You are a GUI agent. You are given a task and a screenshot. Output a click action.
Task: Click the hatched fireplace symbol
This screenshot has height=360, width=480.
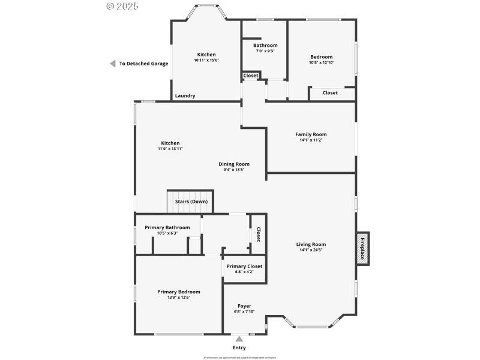[x=362, y=248]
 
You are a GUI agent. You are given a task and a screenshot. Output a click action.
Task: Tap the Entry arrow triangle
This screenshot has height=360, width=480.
[x=239, y=339]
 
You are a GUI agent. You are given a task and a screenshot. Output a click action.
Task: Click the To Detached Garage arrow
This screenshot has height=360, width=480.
[x=112, y=64]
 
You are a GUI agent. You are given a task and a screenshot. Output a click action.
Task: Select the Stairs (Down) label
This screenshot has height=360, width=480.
[x=191, y=202]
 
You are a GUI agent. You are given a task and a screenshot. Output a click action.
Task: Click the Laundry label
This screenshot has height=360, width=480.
[x=185, y=96]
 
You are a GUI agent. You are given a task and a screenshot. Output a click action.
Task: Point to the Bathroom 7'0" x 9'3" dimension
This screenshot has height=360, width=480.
[x=265, y=52]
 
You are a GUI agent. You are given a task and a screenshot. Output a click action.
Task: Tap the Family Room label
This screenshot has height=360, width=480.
[x=311, y=134]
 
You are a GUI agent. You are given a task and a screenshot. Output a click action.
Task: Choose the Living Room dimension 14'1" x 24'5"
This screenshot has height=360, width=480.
[x=311, y=250]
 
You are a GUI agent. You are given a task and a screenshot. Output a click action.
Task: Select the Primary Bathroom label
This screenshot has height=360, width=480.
[x=167, y=227]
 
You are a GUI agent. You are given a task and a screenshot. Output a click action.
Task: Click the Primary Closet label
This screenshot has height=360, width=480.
[x=244, y=266]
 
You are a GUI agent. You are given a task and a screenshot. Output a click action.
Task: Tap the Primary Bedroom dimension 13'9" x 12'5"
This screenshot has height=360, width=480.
[x=179, y=298]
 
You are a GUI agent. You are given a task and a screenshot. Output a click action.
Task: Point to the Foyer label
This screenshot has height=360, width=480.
[x=244, y=306]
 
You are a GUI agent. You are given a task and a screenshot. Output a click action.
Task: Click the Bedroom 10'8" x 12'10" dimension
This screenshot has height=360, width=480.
[x=321, y=63]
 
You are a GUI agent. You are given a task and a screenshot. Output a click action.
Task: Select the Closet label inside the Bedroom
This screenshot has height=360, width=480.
[x=330, y=93]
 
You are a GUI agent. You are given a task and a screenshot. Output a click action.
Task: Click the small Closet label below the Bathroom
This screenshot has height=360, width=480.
[x=251, y=76]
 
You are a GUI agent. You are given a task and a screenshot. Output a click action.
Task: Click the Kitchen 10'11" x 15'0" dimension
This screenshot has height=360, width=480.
[x=206, y=61]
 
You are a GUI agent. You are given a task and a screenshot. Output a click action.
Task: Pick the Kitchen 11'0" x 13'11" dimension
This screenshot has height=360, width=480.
[x=170, y=149]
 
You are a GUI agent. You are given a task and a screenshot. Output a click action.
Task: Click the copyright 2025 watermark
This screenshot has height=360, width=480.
[x=122, y=6]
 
